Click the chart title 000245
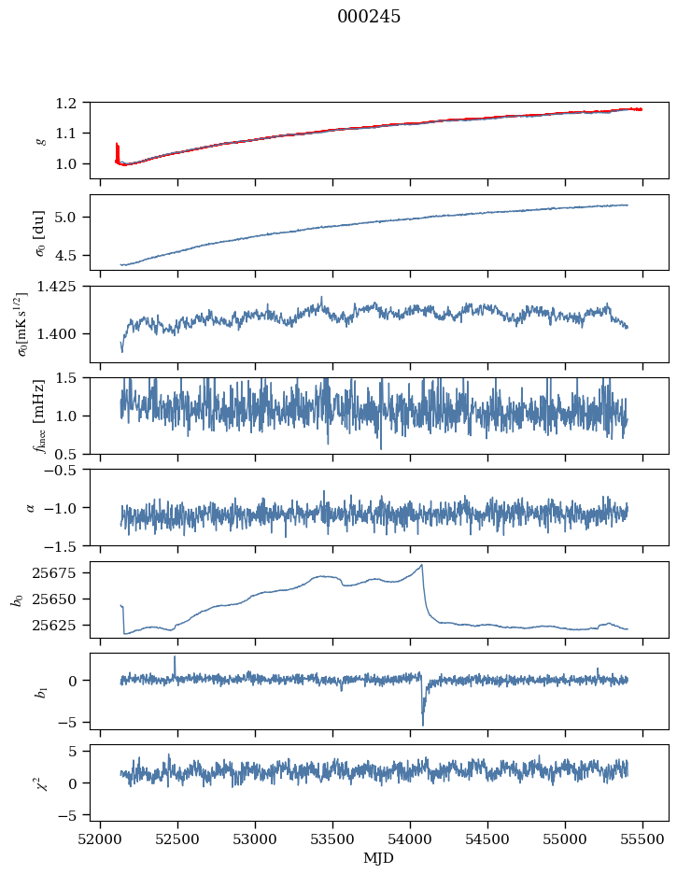click(x=369, y=17)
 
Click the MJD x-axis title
click(x=379, y=857)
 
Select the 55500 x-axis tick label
click(x=642, y=838)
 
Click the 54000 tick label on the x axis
click(x=410, y=838)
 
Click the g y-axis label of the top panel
click(x=40, y=140)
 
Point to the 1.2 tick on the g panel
click(x=75, y=103)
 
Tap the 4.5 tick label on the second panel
click(x=75, y=255)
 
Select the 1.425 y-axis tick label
click(x=67, y=287)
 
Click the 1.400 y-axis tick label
click(x=67, y=333)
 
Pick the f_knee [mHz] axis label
click(x=40, y=416)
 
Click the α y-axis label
click(x=31, y=507)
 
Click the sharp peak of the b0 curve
click(x=422, y=565)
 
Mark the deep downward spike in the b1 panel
click(x=422, y=724)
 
